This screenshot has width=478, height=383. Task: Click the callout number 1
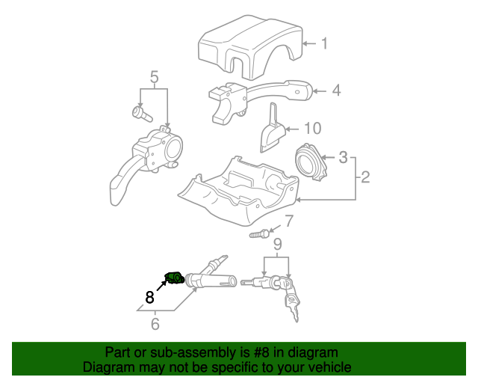325,43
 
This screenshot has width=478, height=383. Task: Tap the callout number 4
336,91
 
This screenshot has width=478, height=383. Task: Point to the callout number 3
343,157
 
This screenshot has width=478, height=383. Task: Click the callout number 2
365,177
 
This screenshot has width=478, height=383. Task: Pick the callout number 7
289,221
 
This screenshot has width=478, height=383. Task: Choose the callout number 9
277,244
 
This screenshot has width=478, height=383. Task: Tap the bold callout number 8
149,296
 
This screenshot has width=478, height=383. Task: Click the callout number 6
155,324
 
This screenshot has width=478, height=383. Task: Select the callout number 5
155,76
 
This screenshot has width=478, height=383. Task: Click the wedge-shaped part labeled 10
273,132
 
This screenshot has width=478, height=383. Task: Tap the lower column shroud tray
239,191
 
